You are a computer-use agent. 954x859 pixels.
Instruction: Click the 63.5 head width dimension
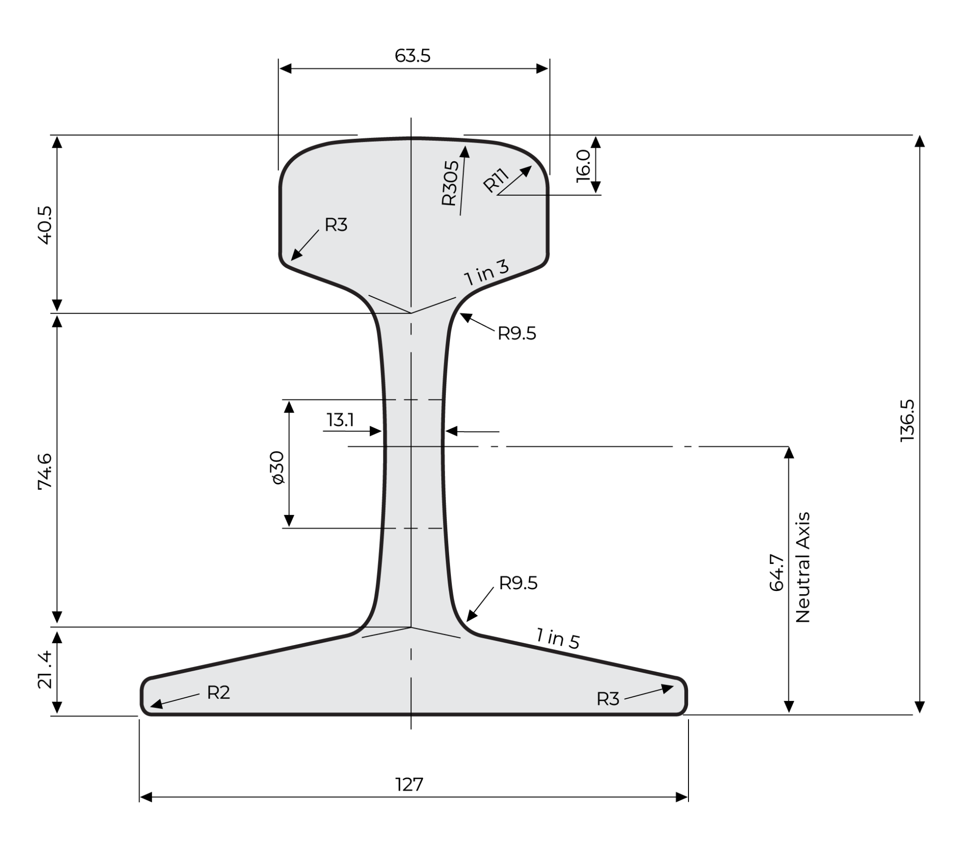412,55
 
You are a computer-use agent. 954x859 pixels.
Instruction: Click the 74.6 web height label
45,471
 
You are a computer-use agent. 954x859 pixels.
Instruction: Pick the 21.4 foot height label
45,669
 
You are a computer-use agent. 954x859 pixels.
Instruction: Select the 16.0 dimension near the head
583,165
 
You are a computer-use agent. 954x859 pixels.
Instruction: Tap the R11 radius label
496,180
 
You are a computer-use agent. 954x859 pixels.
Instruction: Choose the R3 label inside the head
336,225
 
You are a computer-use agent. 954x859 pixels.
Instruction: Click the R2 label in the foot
218,693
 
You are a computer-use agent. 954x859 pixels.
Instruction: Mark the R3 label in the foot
607,699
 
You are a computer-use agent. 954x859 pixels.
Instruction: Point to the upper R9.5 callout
517,334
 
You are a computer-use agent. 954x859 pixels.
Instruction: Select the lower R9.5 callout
518,583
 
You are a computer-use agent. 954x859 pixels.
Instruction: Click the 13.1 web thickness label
340,419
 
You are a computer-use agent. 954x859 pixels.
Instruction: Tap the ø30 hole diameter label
278,467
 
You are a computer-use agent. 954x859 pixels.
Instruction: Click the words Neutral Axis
803,567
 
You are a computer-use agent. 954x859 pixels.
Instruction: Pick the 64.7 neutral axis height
777,572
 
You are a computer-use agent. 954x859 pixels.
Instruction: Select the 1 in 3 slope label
486,273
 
